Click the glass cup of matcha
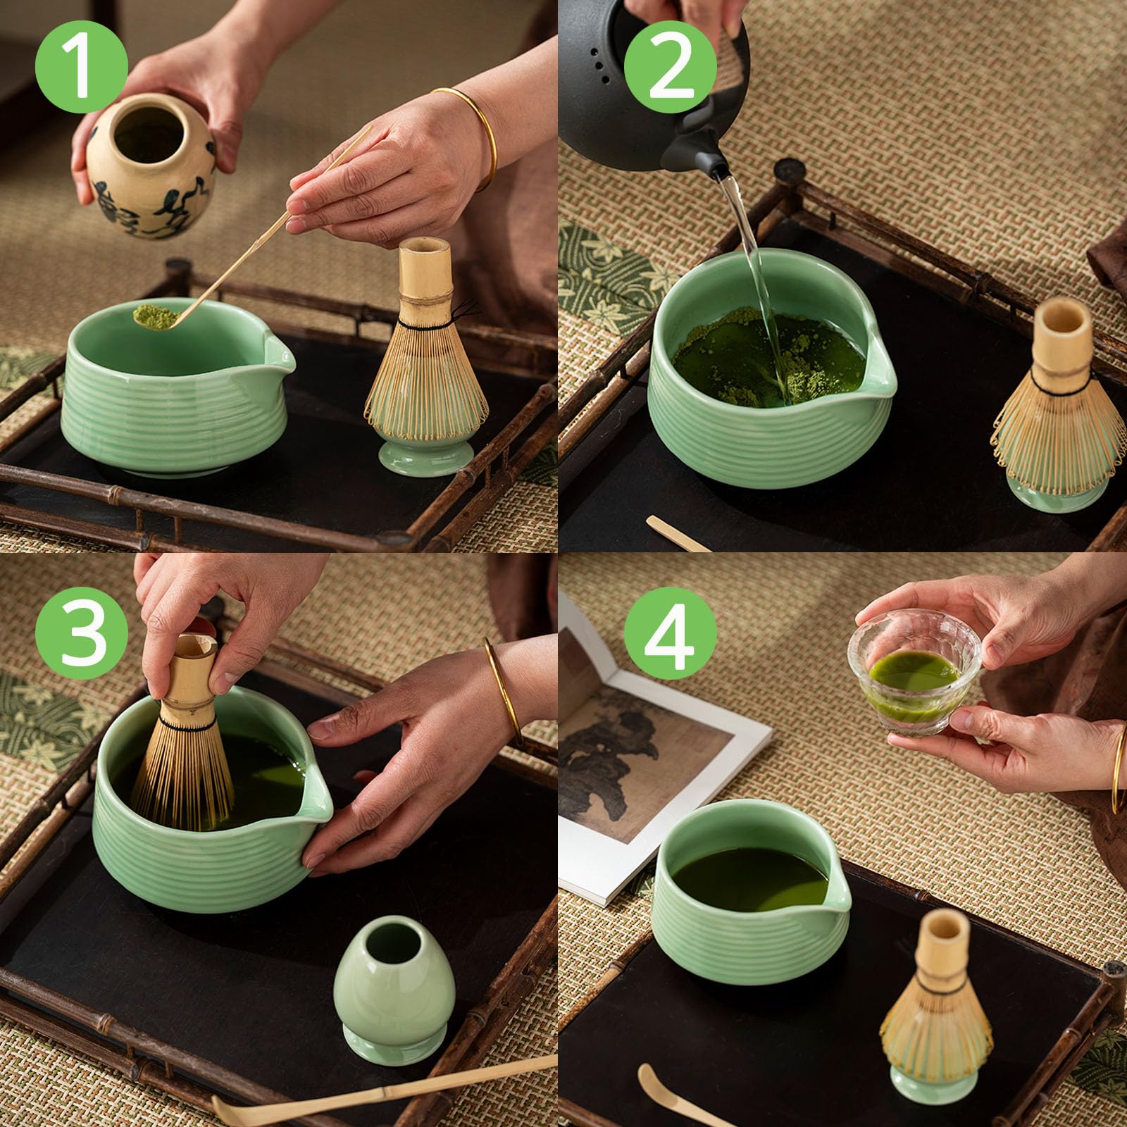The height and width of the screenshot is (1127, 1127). point(914,673)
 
